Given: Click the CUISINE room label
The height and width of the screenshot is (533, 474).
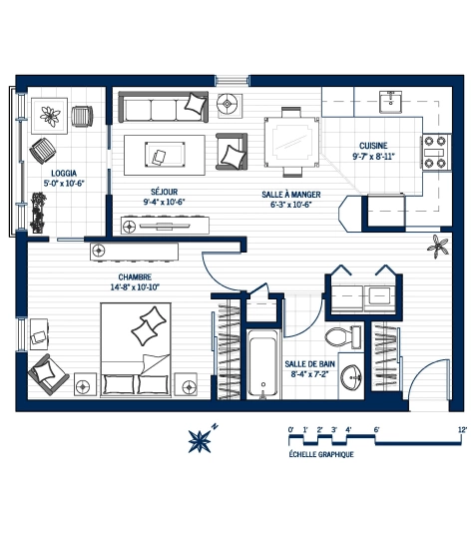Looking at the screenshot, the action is click(373, 146).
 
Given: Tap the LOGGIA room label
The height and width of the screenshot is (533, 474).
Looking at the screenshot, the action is click(64, 174).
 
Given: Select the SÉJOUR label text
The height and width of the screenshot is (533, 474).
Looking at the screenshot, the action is click(164, 192).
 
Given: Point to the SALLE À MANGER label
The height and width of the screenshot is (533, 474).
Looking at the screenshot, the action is click(291, 195).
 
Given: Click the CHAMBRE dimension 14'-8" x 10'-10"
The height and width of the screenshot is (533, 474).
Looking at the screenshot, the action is click(135, 287).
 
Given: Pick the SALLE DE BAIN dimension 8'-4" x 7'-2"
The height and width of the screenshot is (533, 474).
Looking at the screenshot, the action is click(309, 374).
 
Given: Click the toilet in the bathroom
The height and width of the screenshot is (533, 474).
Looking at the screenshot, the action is click(343, 336).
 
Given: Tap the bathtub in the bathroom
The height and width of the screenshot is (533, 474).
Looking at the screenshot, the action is click(262, 363).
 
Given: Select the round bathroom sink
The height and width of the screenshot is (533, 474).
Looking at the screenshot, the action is click(351, 377).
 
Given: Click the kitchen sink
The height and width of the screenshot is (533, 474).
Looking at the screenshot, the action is click(391, 102).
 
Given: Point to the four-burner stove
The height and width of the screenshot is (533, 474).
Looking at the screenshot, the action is click(437, 152).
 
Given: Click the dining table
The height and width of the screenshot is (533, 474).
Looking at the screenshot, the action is click(291, 142).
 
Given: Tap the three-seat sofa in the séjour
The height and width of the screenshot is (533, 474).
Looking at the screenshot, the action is click(163, 107).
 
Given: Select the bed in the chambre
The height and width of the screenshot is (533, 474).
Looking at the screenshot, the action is click(136, 349).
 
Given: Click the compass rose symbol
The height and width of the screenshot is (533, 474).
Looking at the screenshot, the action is click(200, 441).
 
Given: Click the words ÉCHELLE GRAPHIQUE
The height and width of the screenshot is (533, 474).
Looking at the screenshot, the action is click(321, 454).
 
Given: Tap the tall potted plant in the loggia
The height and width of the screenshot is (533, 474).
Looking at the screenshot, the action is click(38, 213).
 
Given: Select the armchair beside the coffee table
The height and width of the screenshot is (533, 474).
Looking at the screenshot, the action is click(232, 152).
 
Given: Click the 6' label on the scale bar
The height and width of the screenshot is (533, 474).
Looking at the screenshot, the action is click(376, 429).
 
